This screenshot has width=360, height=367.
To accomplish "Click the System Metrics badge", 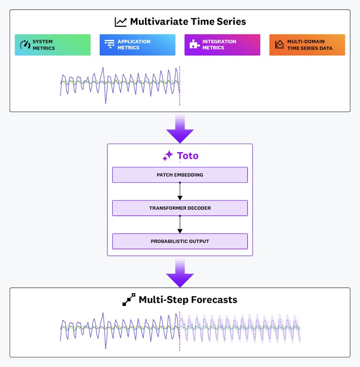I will [53, 45].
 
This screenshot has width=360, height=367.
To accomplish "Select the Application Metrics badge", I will [137, 45].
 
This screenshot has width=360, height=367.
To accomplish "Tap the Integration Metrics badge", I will [222, 45].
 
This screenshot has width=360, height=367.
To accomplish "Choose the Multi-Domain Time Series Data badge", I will [307, 45].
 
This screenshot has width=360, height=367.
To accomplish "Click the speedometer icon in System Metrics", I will [25, 45].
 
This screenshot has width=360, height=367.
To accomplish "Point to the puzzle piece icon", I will [195, 45].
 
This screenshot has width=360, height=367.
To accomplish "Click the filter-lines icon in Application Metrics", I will [110, 45].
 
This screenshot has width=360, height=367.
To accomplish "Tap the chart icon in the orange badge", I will [279, 45].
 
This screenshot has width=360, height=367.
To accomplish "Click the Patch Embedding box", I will [180, 175].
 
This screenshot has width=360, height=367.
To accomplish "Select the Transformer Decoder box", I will [180, 208].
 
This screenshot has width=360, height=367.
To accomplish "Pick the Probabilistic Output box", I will [180, 241].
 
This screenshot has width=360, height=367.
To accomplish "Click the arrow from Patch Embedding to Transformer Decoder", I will [180, 191].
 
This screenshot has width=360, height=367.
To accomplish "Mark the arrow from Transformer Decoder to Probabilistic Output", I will [180, 225].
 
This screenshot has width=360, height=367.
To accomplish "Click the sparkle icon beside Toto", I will [168, 156].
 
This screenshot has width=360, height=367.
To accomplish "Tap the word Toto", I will [187, 156].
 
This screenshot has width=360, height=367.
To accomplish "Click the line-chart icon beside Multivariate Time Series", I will [121, 22].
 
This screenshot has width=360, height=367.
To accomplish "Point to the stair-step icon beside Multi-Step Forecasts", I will [129, 300].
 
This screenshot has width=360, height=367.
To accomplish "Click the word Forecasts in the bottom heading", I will [213, 300].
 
